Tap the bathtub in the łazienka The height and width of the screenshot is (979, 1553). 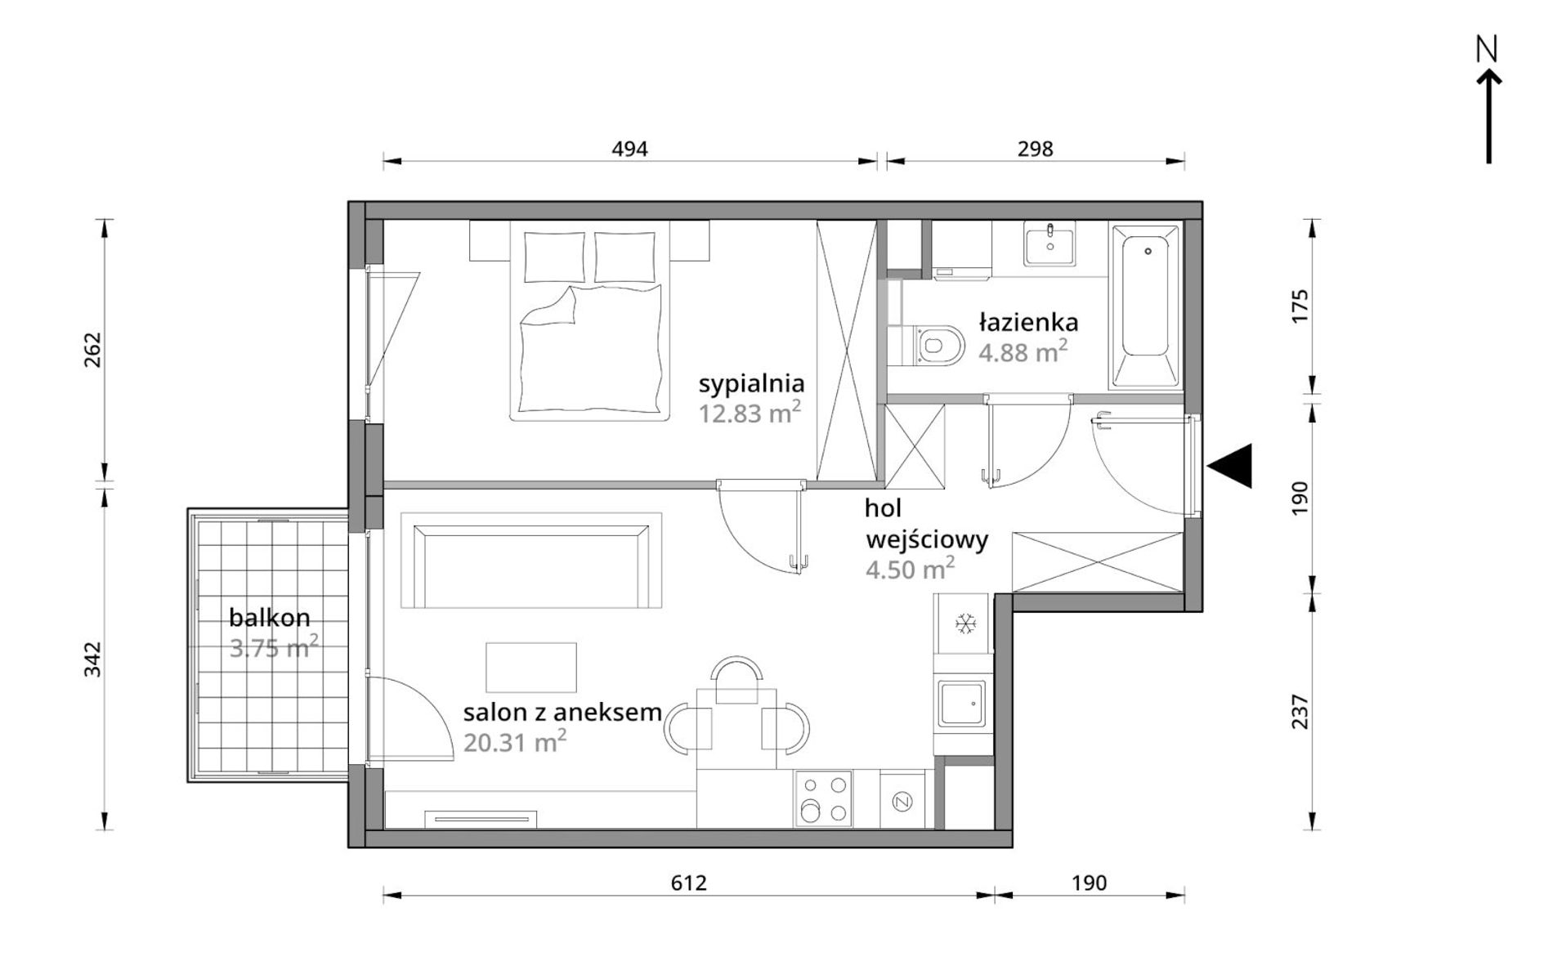pos(1144,306)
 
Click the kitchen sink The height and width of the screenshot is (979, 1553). pos(963,704)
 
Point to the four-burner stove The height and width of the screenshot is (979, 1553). pos(823,798)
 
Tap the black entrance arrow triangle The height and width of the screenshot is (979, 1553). pos(1230,466)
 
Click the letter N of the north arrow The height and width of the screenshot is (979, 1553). pos(1487,51)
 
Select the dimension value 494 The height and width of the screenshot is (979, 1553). pos(629,149)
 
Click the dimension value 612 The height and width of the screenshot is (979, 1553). pos(688,883)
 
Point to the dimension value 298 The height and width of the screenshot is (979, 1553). pos(1035,149)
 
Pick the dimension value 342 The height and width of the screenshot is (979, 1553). pos(92,659)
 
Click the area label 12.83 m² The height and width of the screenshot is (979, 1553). pos(749,413)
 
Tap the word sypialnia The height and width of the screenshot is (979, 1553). pos(751,384)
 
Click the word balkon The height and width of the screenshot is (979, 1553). pos(269,617)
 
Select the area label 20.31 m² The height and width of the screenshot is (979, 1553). pos(515,742)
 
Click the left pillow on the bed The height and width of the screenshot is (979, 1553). pos(554,257)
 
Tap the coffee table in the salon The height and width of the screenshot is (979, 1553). pos(531,667)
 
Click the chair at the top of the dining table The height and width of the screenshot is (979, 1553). pos(736,681)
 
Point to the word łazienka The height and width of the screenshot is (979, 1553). pos(1028,323)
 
